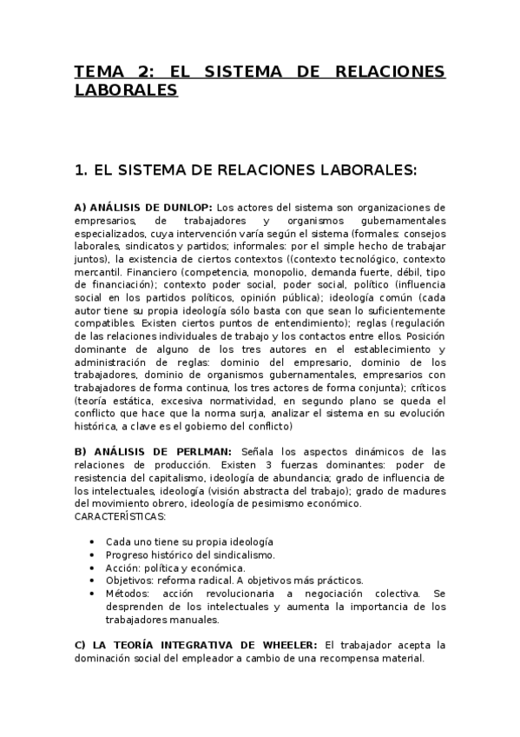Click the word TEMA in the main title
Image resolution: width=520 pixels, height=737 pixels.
tap(99, 72)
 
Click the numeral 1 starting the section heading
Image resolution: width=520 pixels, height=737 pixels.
tap(81, 170)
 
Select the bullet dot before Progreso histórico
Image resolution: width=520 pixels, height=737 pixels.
tap(92, 554)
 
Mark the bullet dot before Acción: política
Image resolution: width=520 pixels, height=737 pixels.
tap(92, 568)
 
